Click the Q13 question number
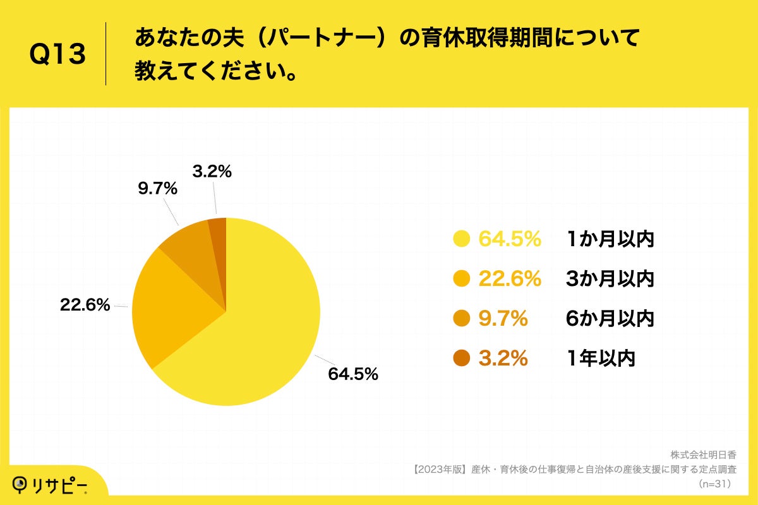pyautogui.click(x=57, y=55)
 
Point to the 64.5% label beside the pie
pyautogui.click(x=352, y=374)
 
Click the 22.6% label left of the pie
pyautogui.click(x=85, y=306)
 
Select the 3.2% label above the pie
pyautogui.click(x=212, y=171)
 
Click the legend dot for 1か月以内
pyautogui.click(x=462, y=239)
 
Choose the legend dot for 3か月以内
pyautogui.click(x=462, y=279)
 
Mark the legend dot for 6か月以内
pyautogui.click(x=462, y=319)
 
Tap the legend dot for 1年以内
pyautogui.click(x=462, y=359)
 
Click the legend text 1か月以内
pyautogui.click(x=610, y=239)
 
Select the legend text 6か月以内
pyautogui.click(x=610, y=319)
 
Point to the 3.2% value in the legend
pyautogui.click(x=503, y=359)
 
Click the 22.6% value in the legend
pyautogui.click(x=510, y=279)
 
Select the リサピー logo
pyautogui.click(x=51, y=485)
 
